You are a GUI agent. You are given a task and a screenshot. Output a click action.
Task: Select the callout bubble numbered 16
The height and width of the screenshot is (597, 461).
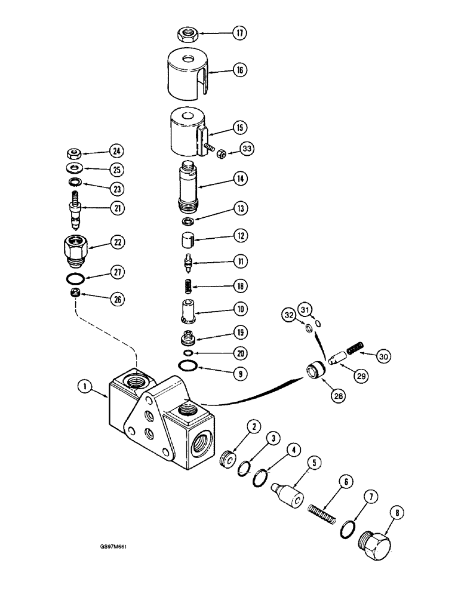[240, 70]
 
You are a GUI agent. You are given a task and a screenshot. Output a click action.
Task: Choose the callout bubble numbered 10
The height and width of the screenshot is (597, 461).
[240, 309]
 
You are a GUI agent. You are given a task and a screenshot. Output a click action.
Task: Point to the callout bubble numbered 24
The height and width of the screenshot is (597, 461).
[116, 150]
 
